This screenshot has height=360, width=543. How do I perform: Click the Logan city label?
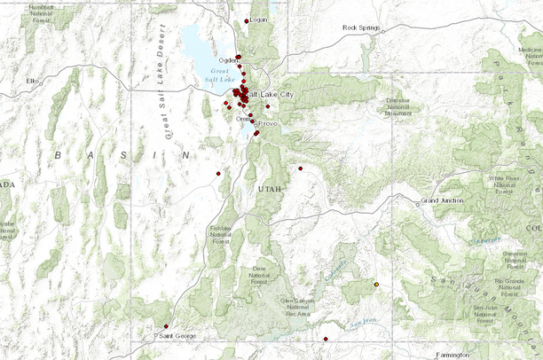[258, 20]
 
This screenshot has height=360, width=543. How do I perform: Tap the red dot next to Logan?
[246, 20]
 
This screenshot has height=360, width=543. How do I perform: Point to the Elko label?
[34, 81]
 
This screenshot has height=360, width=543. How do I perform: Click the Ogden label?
[228, 60]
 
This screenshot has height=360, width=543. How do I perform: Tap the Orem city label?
[243, 119]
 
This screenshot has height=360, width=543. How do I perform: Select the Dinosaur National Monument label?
[398, 106]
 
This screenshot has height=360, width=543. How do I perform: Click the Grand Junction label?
[443, 201]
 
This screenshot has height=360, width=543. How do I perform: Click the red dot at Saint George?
[166, 327]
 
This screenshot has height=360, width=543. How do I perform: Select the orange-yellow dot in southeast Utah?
[377, 285]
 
